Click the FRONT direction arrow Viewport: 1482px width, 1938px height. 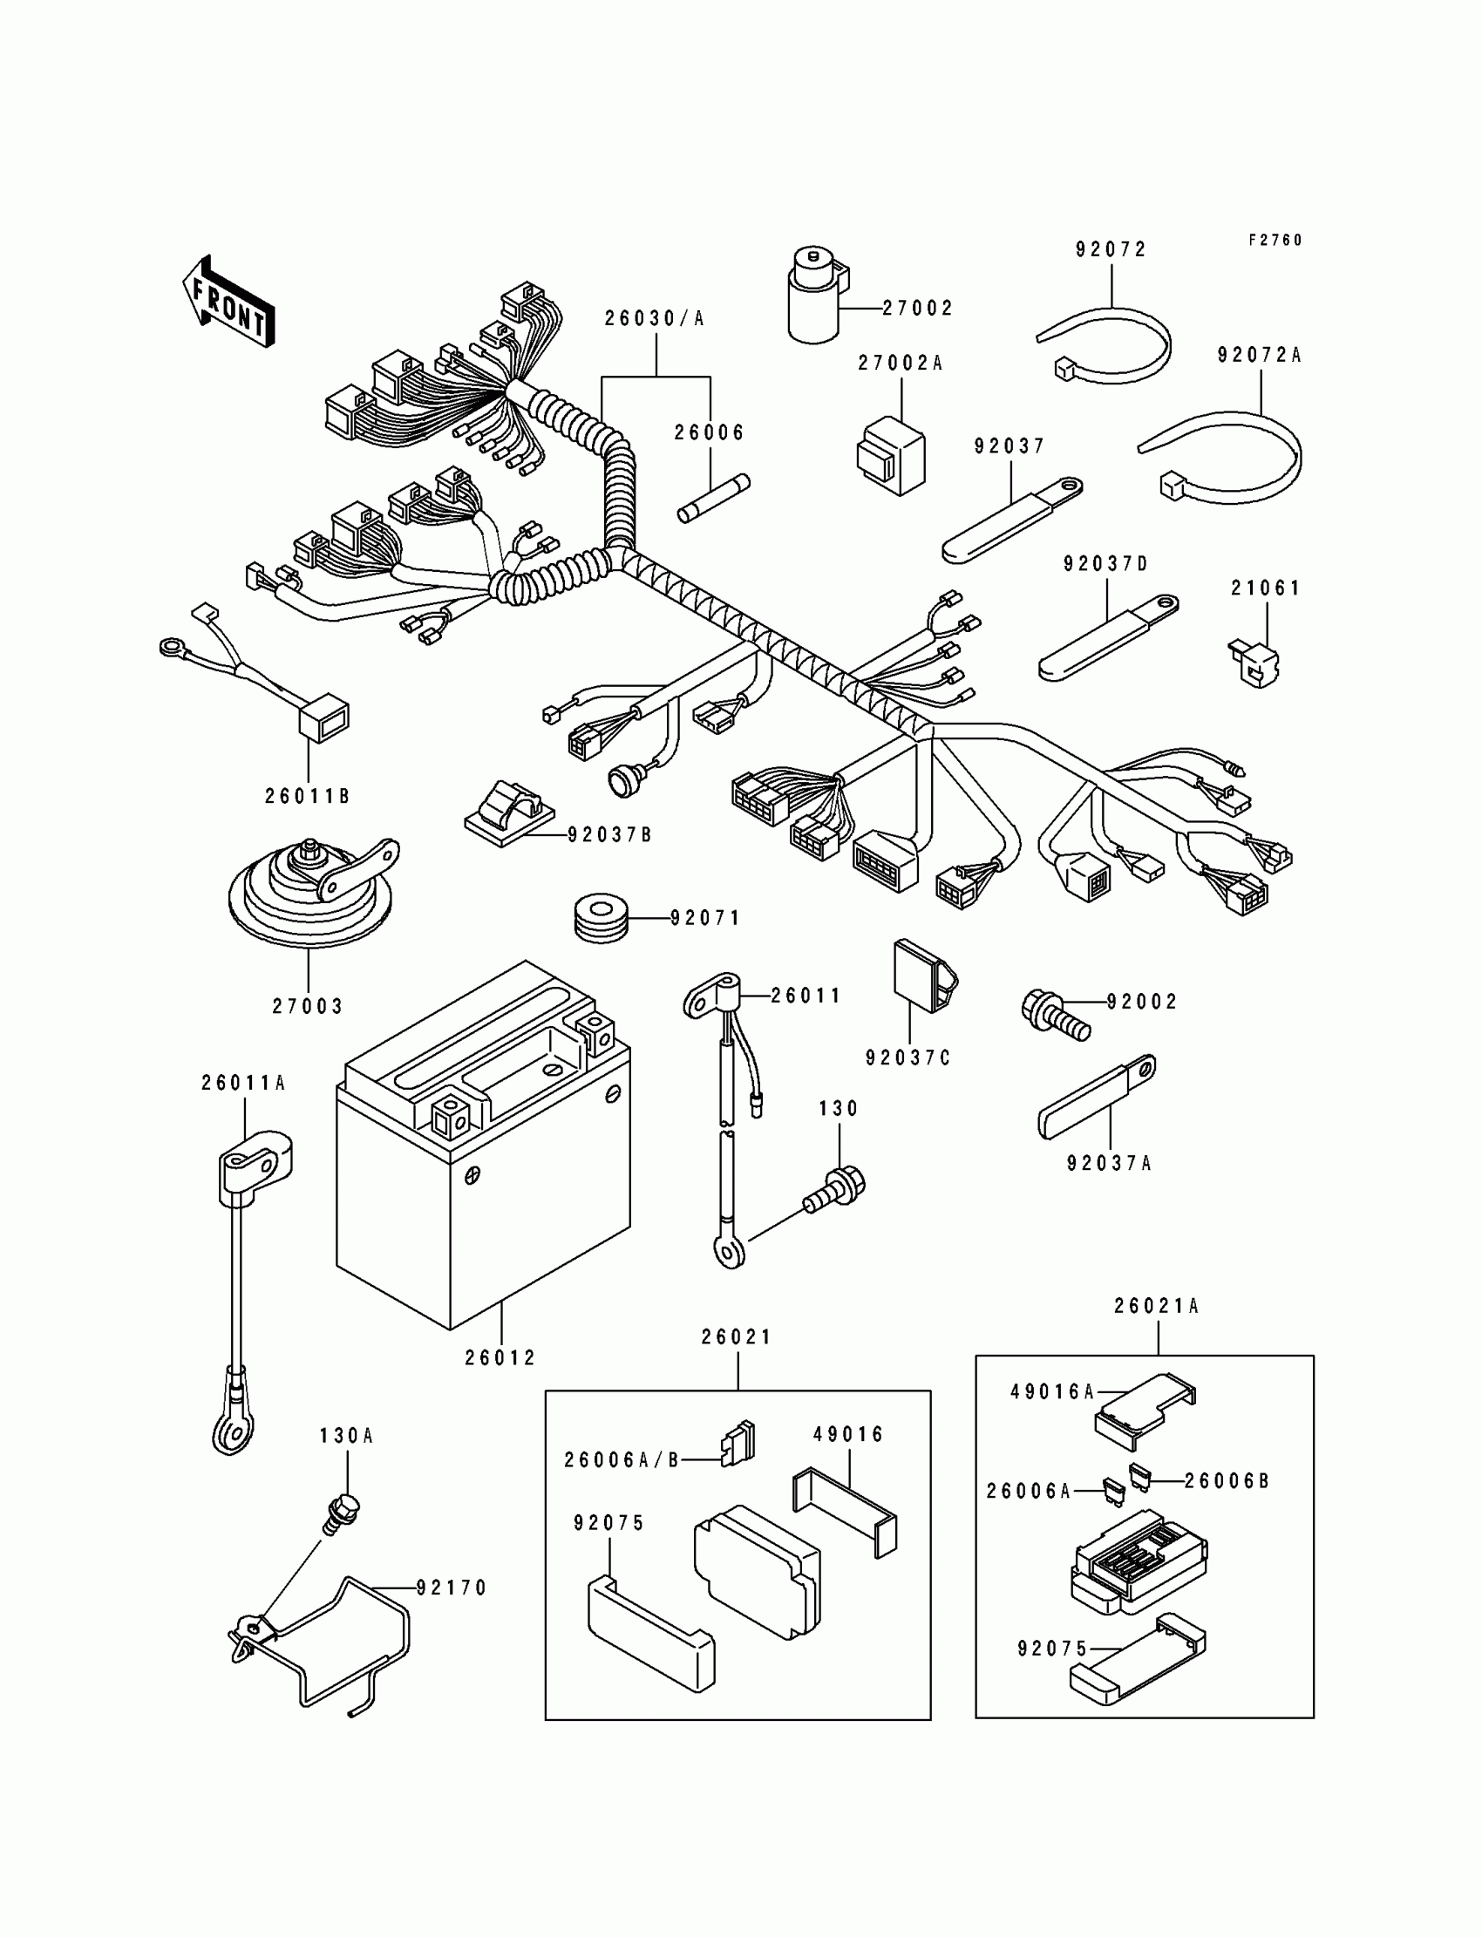point(228,301)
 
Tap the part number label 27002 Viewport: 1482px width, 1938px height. point(918,308)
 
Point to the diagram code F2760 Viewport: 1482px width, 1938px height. point(1275,240)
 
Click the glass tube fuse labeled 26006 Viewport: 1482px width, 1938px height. point(714,500)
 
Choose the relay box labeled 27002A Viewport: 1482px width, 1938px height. point(891,455)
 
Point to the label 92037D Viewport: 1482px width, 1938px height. point(1106,564)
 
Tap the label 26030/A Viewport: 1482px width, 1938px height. point(655,318)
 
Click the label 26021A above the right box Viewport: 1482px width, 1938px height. point(1157,1330)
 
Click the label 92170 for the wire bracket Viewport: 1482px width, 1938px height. point(452,1588)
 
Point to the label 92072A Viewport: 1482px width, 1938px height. point(1260,355)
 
